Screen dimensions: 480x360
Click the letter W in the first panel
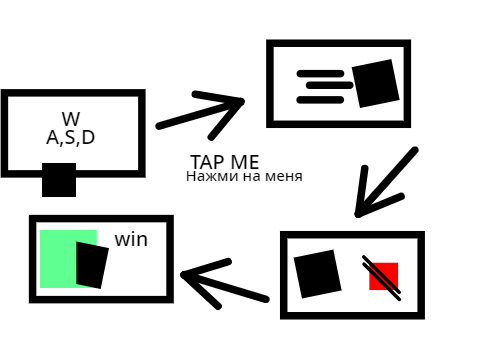click(71, 119)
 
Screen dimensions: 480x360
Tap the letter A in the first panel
click(52, 138)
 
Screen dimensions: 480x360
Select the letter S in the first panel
click(70, 138)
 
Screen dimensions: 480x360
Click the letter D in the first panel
click(88, 138)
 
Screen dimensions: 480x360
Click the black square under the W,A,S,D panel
click(59, 180)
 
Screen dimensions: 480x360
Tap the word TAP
click(207, 162)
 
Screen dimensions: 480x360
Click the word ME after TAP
click(245, 162)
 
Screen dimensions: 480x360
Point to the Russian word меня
click(284, 176)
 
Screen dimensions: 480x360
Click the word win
click(131, 240)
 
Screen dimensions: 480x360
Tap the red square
click(384, 276)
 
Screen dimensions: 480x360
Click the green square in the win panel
click(58, 259)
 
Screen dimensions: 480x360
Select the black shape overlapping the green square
click(92, 265)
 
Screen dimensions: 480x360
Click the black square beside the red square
click(318, 274)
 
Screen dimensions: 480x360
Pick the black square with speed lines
click(376, 84)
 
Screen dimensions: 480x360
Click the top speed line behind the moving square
click(320, 74)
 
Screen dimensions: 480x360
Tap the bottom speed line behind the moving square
click(320, 100)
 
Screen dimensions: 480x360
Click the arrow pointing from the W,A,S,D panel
click(200, 114)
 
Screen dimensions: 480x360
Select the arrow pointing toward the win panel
click(224, 284)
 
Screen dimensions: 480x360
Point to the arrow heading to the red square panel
click(387, 182)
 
